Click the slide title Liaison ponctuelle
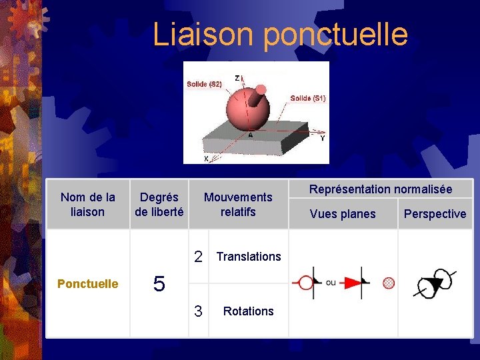tap(280, 34)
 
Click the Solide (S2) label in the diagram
tap(204, 84)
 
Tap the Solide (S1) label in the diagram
tap(307, 98)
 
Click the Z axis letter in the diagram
tap(238, 78)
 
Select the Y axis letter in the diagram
tap(323, 139)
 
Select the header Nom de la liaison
tap(87, 205)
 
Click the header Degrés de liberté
tap(159, 205)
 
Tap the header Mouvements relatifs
tap(238, 205)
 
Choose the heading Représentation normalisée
tap(381, 189)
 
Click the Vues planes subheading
tap(343, 214)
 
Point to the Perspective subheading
tap(435, 214)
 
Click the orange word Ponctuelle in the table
tap(88, 284)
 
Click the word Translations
tap(249, 257)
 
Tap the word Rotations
tap(249, 311)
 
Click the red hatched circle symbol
tap(389, 283)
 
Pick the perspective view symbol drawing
tap(435, 283)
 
